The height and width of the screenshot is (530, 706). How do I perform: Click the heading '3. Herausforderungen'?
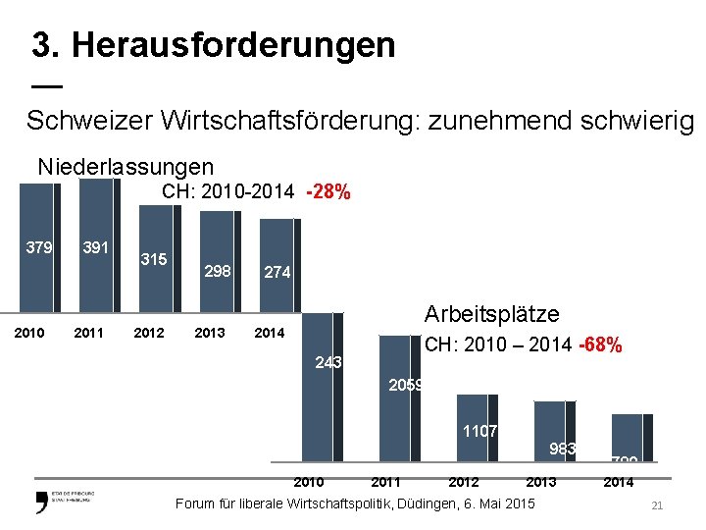214,44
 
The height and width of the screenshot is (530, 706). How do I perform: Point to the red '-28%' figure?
328,192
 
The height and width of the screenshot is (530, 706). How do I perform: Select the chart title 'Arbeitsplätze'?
491,314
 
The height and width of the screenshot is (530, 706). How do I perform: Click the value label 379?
39,247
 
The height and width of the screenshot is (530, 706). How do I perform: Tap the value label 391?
95,247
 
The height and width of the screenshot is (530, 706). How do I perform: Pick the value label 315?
153,260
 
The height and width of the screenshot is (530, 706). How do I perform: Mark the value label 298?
217,271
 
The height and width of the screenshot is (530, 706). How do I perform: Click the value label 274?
277,273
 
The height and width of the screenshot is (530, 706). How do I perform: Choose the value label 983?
562,450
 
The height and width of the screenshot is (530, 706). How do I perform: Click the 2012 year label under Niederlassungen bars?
149,333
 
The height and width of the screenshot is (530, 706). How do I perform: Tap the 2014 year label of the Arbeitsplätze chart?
618,482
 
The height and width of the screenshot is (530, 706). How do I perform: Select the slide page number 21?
657,504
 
